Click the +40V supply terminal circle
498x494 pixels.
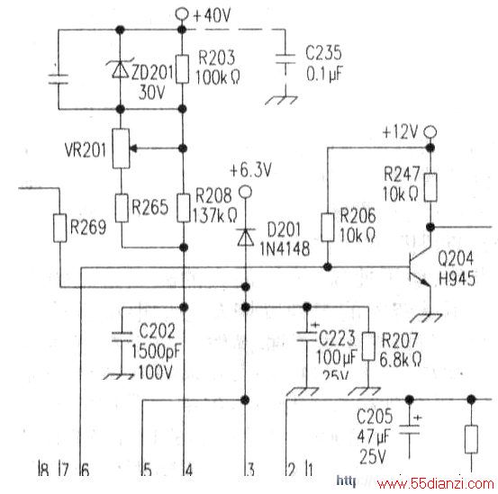pos(182,14)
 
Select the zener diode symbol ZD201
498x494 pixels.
pos(120,69)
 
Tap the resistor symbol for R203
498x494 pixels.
pos(182,69)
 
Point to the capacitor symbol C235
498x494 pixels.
pos(285,59)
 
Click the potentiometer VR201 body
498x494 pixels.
pos(121,148)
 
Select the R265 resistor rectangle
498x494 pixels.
pos(122,208)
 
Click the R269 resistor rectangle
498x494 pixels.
pos(59,229)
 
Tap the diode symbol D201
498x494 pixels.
pos(245,238)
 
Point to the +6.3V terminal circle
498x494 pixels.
pos(245,192)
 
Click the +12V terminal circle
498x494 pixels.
pos(430,131)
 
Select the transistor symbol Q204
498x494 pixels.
pos(420,268)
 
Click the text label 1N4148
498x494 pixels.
pos(285,249)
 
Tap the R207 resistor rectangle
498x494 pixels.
pos(368,346)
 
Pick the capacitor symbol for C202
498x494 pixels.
pos(122,337)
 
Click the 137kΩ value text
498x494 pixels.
pos(215,216)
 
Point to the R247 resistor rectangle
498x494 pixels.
pos(430,187)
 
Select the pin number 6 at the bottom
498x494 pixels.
pos(86,470)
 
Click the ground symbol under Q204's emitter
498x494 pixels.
pos(427,318)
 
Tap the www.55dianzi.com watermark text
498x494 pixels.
pos(436,483)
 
